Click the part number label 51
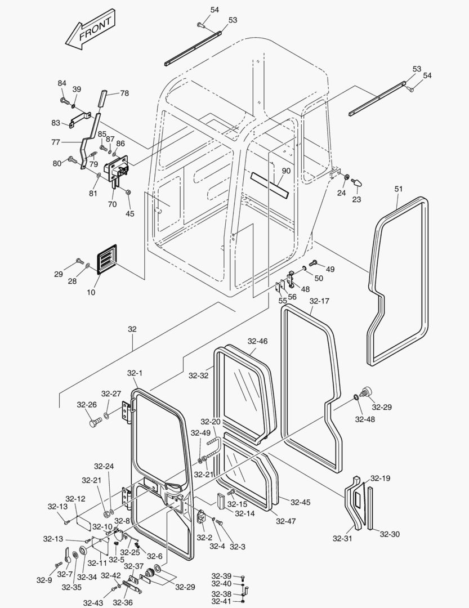pos(399,189)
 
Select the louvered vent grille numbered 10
pos(106,260)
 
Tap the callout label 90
pos(285,171)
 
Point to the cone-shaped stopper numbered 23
pos(357,182)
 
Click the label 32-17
pos(319,301)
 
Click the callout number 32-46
pos(257,341)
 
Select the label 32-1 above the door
pos(135,373)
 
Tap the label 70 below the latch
pos(112,204)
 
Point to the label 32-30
pos(389,534)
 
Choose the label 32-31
pos(342,539)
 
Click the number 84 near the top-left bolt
pos(62,83)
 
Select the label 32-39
pos(221,576)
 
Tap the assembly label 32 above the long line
pos(132,329)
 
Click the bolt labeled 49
pos(314,262)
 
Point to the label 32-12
pos(75,499)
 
